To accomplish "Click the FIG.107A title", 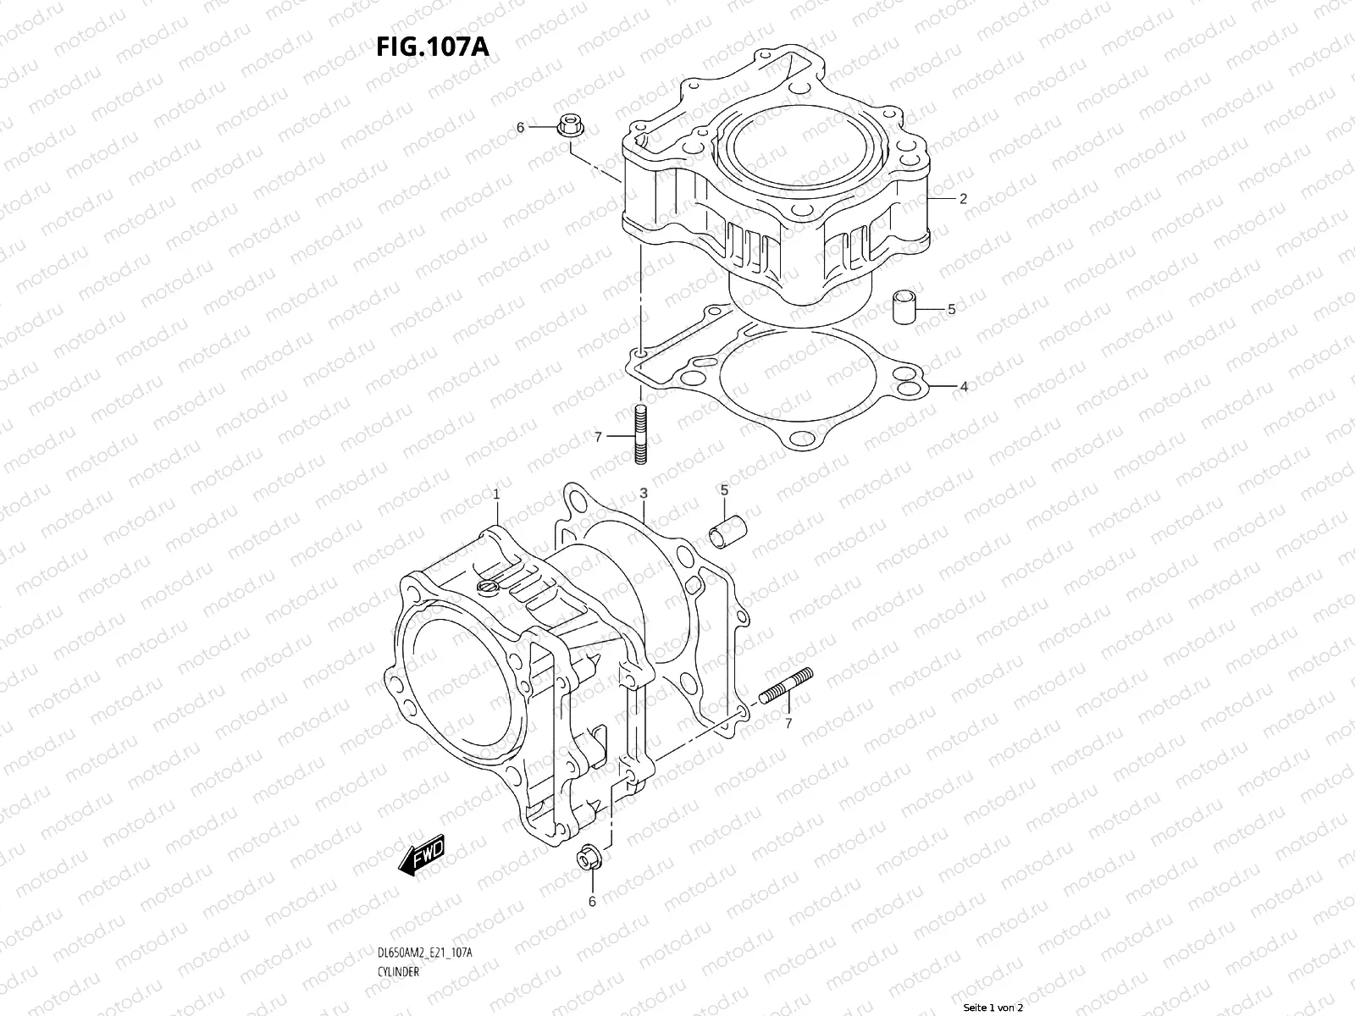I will pos(433,47).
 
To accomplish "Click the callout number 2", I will pos(963,200).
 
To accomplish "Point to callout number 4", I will pos(963,387).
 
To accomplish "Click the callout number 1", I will pos(496,494).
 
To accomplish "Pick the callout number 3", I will pos(644,493).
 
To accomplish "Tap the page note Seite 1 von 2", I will pos(993,1008).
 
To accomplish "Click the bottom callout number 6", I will pos(592,902).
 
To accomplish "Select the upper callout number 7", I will pos(598,437).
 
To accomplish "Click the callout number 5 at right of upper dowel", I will pos(951,310).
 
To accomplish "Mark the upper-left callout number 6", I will pos(521,128).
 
